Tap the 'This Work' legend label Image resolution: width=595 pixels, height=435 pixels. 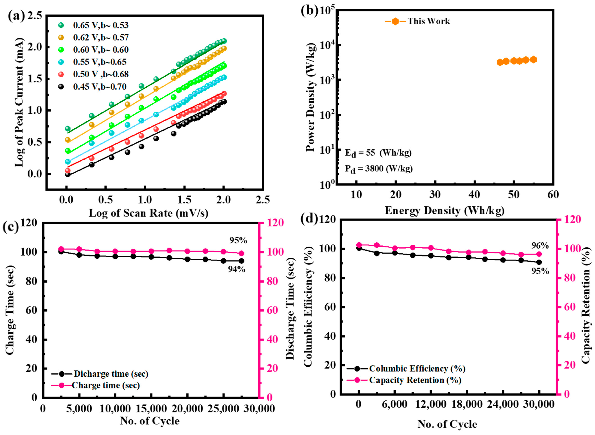click(429, 21)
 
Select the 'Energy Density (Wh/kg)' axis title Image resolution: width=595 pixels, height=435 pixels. click(445, 211)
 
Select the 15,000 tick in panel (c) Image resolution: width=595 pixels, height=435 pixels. click(151, 409)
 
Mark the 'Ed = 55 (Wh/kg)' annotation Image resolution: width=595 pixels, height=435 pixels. click(378, 153)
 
